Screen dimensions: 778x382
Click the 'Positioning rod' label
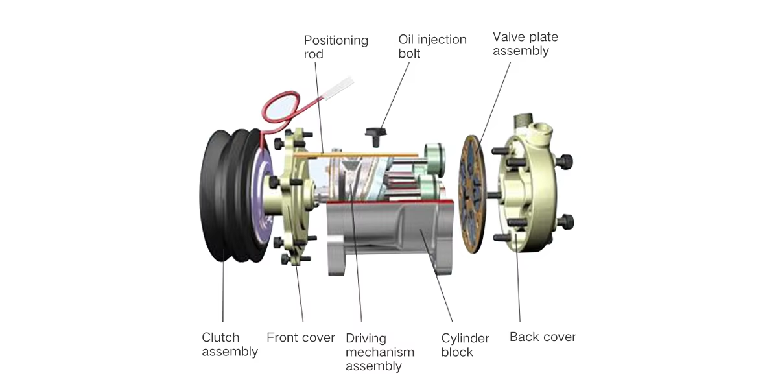tap(336, 47)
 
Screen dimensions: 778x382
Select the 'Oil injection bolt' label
tap(432, 46)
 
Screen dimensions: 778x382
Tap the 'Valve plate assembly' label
tap(525, 43)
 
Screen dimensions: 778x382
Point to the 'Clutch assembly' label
tap(230, 344)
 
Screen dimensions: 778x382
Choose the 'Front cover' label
tap(300, 337)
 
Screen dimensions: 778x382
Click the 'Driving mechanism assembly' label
tap(380, 352)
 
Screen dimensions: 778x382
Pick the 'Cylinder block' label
tap(465, 345)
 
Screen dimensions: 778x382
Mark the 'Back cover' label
tap(543, 337)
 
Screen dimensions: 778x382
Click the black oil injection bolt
tap(376, 136)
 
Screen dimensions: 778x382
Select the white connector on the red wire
tap(339, 88)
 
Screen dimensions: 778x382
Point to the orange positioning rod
tap(356, 154)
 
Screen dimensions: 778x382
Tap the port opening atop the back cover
tap(542, 130)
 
